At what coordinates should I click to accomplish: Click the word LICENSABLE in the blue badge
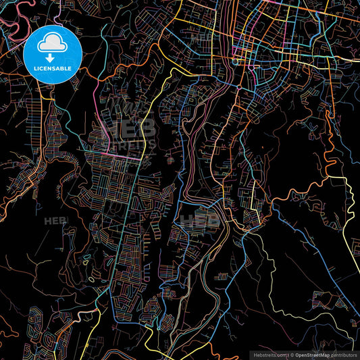click(x=52, y=68)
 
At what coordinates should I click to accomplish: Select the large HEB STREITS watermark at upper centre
click(x=128, y=132)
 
